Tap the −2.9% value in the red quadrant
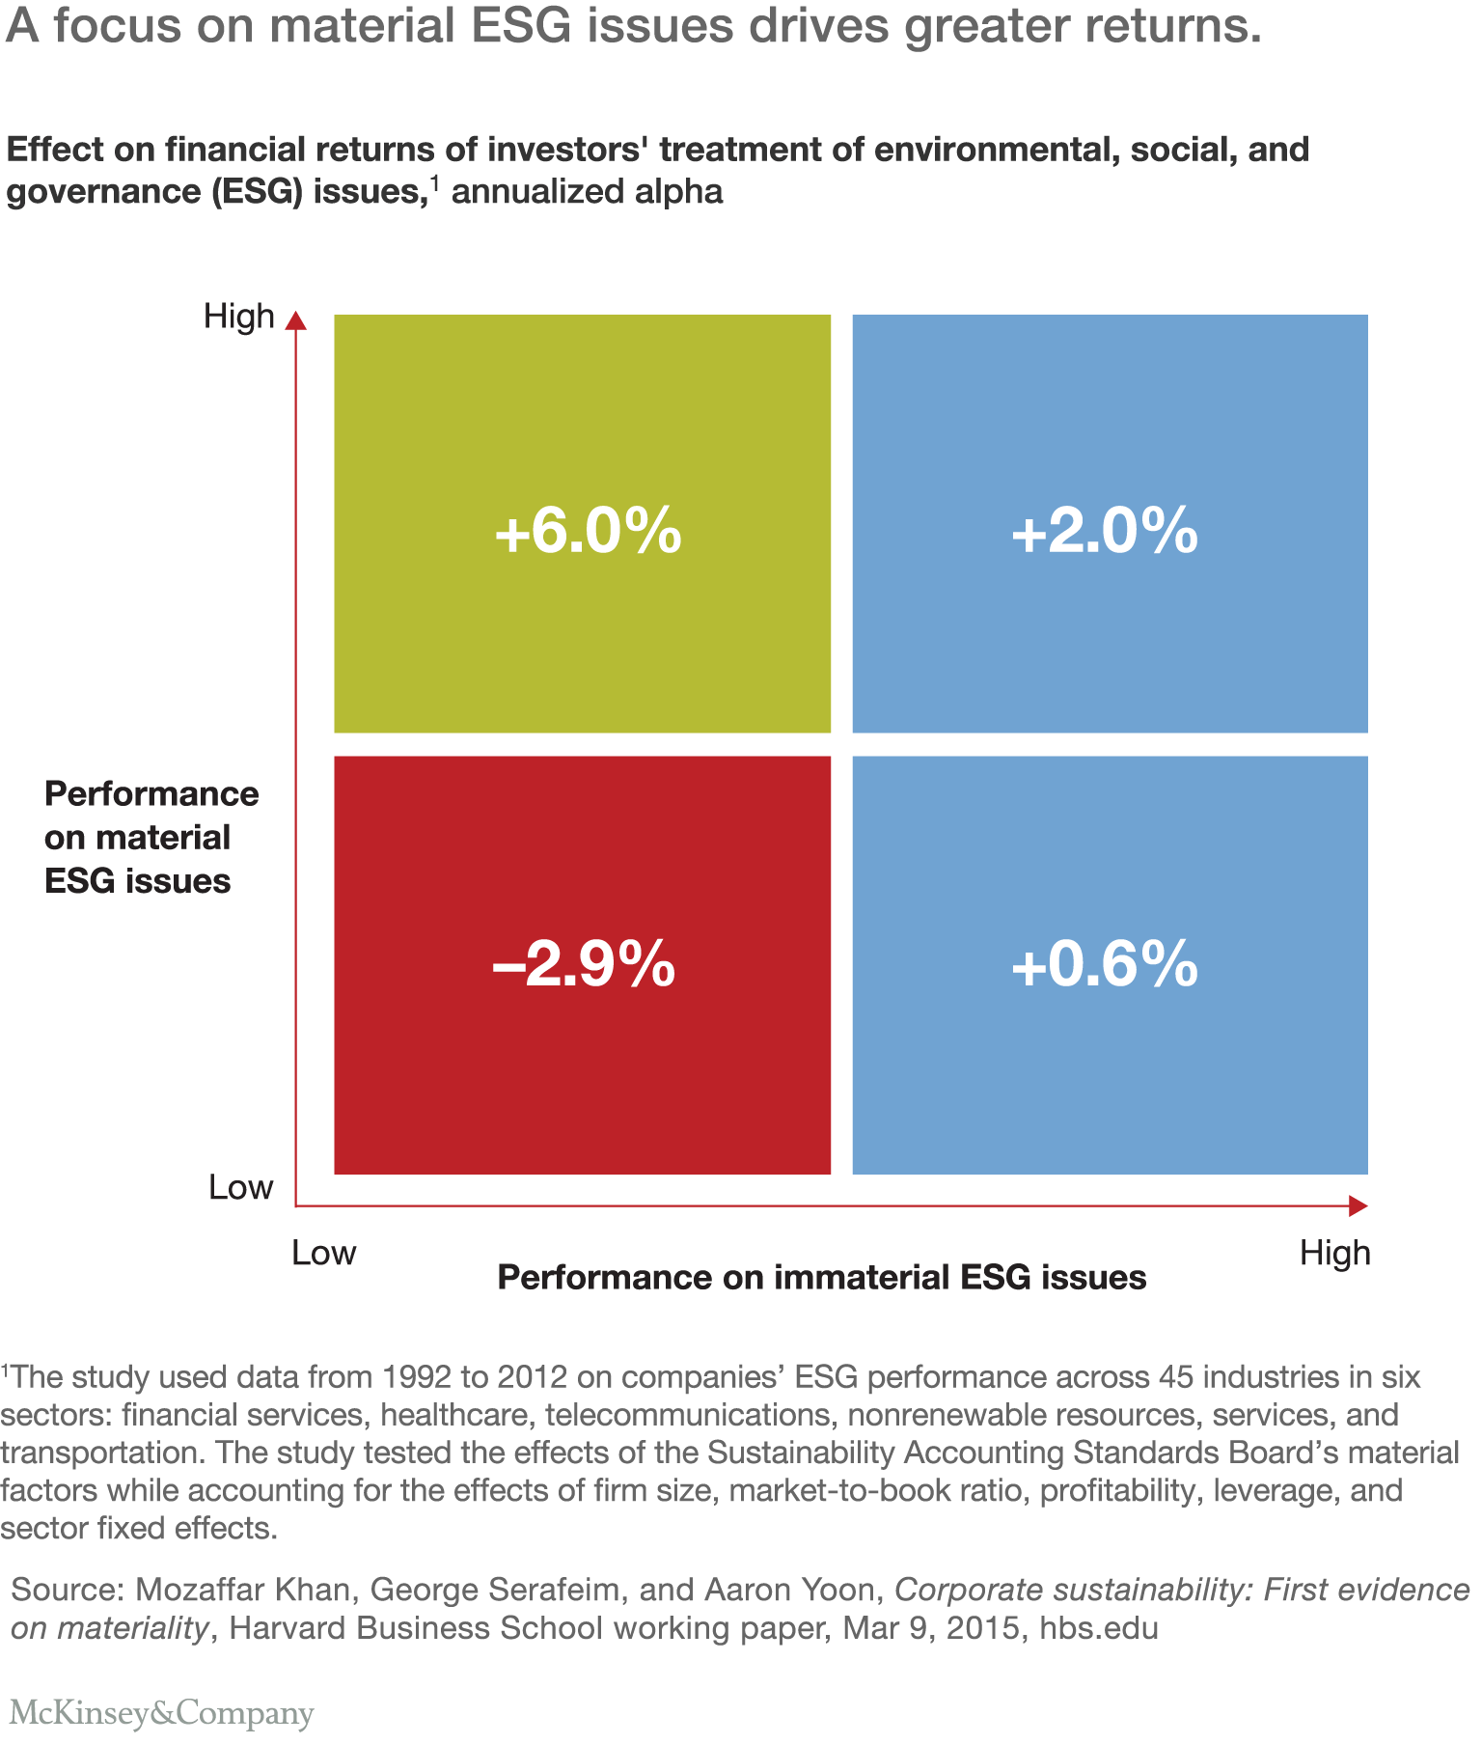click(x=584, y=964)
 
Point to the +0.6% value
click(x=1105, y=964)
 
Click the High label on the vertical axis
click(x=238, y=317)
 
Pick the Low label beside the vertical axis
click(x=240, y=1187)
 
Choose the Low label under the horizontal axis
click(x=324, y=1253)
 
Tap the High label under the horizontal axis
click(x=1334, y=1253)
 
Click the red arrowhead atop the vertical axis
click(x=296, y=320)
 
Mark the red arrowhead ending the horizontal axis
click(x=1358, y=1205)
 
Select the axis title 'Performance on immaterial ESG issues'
click(x=821, y=1278)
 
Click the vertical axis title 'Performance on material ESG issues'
click(x=151, y=837)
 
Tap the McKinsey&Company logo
click(x=161, y=1712)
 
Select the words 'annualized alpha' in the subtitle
click(x=587, y=192)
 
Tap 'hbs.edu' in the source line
click(x=1098, y=1628)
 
